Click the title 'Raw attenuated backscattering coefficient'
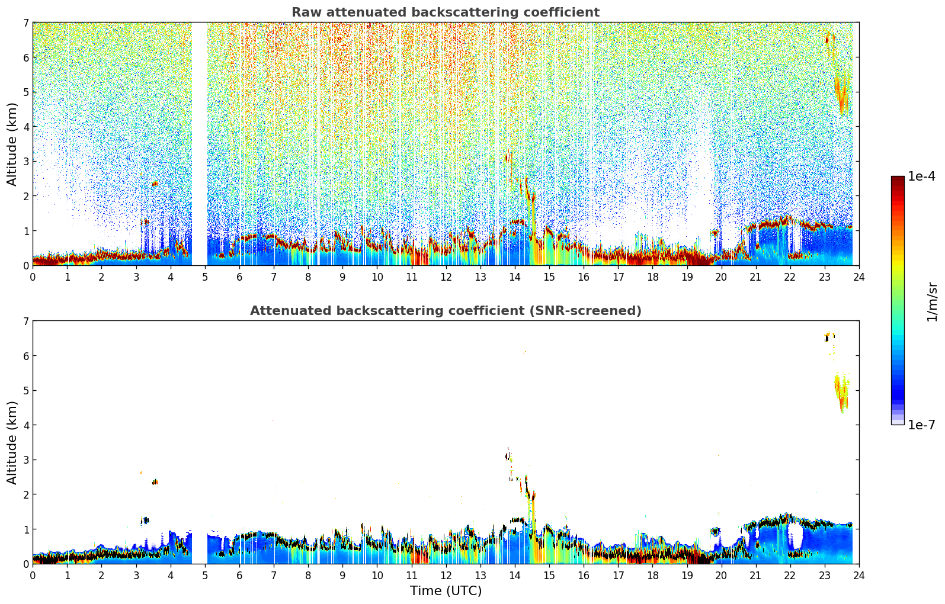[445, 12]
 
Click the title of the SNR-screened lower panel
[445, 311]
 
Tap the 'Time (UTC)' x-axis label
[446, 591]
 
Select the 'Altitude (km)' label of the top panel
[12, 144]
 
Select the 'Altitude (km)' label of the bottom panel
[12, 442]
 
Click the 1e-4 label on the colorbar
[921, 176]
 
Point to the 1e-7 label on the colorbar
[921, 425]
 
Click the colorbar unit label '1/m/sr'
[932, 302]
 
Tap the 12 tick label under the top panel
[446, 277]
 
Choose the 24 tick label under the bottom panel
[858, 575]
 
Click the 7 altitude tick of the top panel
[25, 23]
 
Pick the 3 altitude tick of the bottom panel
[25, 460]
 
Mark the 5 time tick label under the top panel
[205, 277]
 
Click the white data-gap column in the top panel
[200, 142]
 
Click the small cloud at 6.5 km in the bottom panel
[829, 336]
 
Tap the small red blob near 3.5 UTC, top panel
[155, 184]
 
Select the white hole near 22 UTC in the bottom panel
[795, 536]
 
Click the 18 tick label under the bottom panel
[652, 575]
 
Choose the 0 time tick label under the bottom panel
[33, 575]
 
